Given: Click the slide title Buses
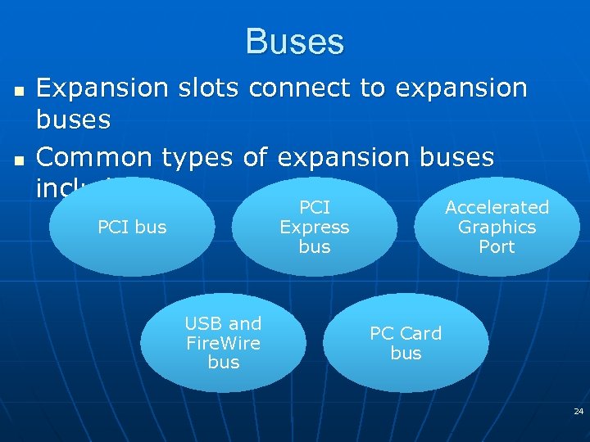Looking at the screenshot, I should (x=294, y=42).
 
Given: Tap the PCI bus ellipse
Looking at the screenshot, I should (x=131, y=227).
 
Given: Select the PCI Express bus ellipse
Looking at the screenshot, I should (x=314, y=227).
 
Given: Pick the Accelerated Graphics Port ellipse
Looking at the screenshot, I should (x=497, y=227).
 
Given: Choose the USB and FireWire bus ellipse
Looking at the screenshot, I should (x=223, y=343).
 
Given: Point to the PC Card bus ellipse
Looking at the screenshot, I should (x=406, y=343).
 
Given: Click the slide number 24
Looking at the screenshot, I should (x=578, y=410).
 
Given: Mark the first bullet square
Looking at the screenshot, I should (x=19, y=88).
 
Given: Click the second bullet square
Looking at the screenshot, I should (x=19, y=158).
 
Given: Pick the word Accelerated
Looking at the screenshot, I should (x=497, y=208).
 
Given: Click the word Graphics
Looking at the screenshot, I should (x=497, y=228).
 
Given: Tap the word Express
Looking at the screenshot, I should (x=314, y=227).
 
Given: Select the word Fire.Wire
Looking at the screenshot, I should (x=223, y=343).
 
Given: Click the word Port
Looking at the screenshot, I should (x=497, y=246).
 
